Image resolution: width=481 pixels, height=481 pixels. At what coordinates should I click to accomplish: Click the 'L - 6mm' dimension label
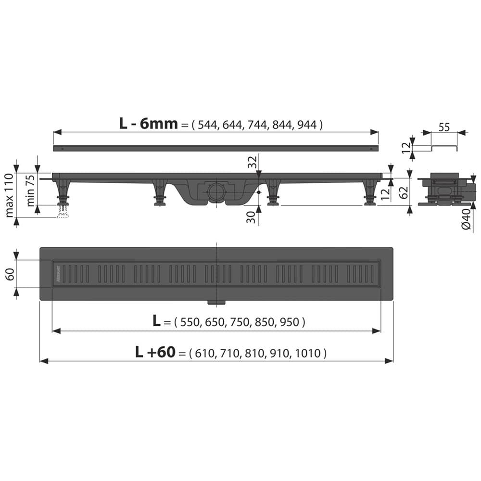(148, 124)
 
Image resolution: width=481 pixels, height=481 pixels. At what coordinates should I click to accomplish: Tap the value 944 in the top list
(307, 125)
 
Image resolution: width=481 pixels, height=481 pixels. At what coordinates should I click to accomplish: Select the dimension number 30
(251, 217)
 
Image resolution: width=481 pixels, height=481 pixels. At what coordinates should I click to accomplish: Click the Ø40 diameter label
(466, 219)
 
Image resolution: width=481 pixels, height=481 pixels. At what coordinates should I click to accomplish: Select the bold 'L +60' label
(155, 353)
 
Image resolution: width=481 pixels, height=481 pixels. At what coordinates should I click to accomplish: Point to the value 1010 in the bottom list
(307, 354)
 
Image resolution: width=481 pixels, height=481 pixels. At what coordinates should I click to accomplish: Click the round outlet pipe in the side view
(216, 192)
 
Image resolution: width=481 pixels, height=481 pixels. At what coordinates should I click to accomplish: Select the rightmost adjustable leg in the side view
(370, 192)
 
